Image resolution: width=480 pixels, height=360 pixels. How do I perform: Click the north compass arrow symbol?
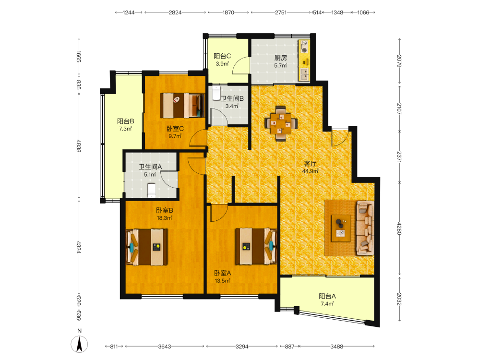79,344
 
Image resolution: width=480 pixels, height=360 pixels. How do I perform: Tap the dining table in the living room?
281,123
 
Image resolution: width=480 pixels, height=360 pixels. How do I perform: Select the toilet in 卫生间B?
216,94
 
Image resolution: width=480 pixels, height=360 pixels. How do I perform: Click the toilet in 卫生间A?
152,191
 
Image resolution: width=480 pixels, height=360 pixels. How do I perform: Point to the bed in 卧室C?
182,105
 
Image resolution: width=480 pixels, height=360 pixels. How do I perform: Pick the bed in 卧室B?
147,247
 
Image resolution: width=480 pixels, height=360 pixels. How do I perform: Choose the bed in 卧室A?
256,246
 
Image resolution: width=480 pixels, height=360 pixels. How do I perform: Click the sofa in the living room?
365,228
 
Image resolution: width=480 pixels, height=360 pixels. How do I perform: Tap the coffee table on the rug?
341,228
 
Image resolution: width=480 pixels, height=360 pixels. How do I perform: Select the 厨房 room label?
280,58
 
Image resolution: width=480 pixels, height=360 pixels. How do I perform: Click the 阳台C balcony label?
222,56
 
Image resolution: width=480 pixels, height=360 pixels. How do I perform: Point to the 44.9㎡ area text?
311,171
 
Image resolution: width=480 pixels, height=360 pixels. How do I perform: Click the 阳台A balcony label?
327,296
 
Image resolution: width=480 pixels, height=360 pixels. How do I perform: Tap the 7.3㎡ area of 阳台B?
125,129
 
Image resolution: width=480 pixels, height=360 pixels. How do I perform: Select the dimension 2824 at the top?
175,12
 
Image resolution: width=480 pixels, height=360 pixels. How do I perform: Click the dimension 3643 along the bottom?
165,347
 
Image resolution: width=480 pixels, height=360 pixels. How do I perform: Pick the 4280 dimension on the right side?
399,228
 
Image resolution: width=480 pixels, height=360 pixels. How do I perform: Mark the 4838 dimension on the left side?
79,146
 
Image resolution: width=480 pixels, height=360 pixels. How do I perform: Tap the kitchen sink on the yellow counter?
304,74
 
